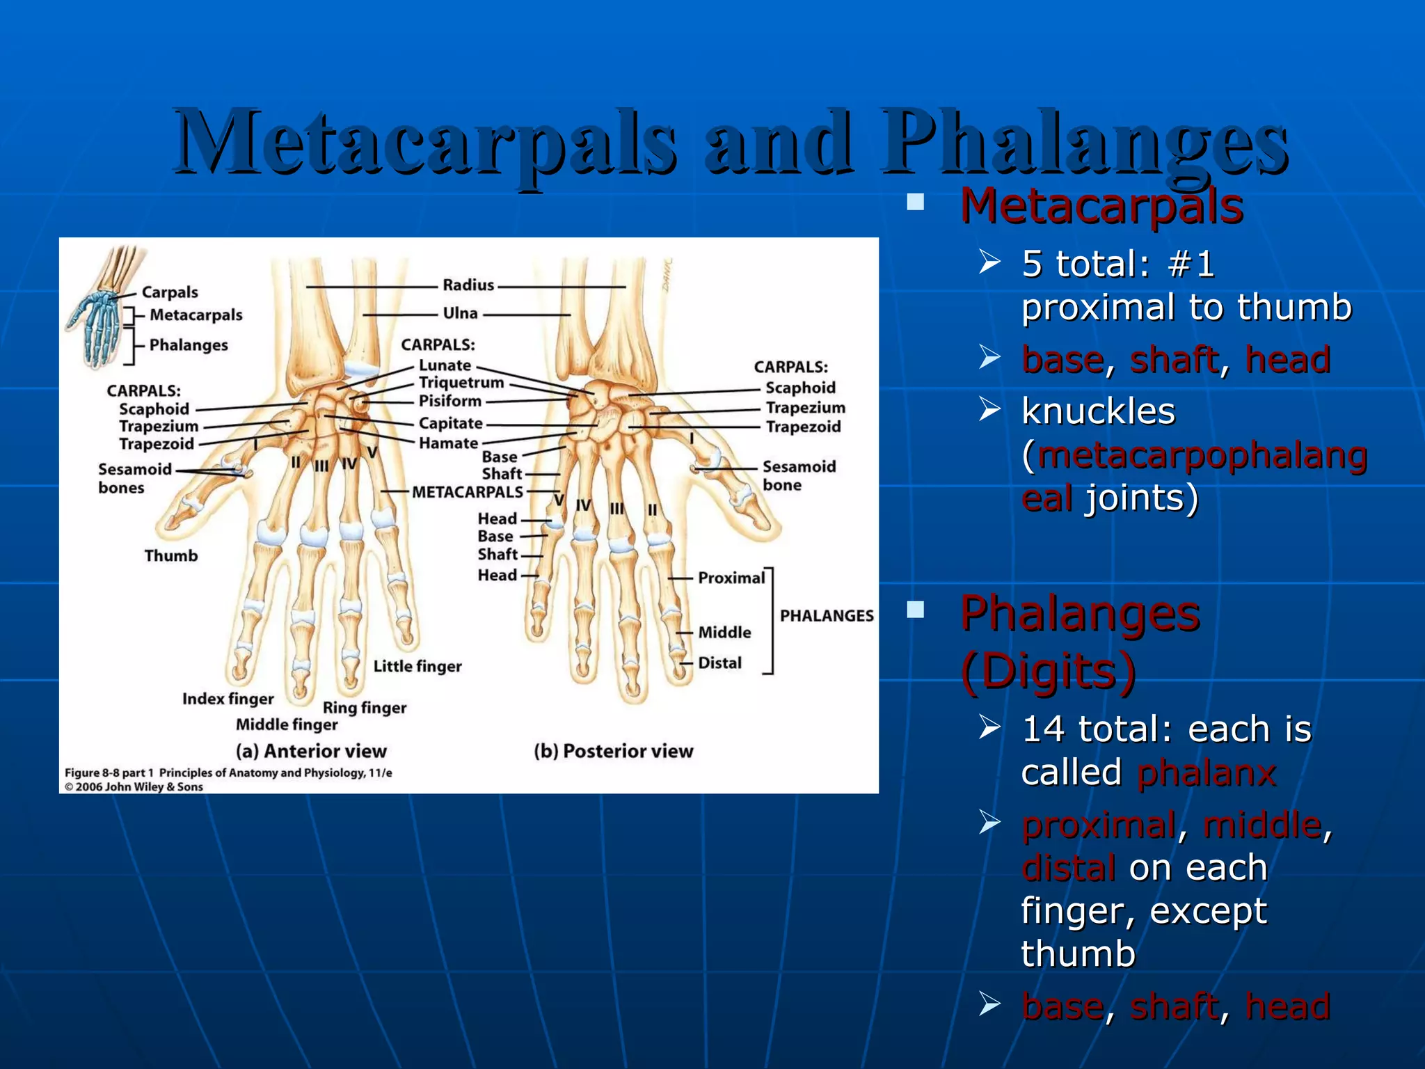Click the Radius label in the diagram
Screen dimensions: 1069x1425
[468, 285]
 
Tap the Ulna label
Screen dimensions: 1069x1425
[460, 314]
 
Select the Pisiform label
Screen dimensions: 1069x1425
[449, 401]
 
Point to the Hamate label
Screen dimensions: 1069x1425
[448, 443]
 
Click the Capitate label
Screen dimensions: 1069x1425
[450, 423]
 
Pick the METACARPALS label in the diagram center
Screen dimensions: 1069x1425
[467, 492]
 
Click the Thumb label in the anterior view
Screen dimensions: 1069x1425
[171, 555]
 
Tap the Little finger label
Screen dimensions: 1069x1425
[417, 666]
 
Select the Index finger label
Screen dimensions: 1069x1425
[228, 699]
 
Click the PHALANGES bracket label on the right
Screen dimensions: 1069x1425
[826, 616]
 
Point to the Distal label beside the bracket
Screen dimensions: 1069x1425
[719, 663]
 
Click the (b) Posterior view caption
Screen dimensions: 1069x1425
[613, 751]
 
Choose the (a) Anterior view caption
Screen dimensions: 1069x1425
[310, 751]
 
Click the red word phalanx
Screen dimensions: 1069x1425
[1206, 773]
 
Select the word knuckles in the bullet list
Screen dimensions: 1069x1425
[1098, 411]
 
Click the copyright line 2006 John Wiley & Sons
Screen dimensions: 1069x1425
[134, 787]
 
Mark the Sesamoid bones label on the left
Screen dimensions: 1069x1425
[134, 478]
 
